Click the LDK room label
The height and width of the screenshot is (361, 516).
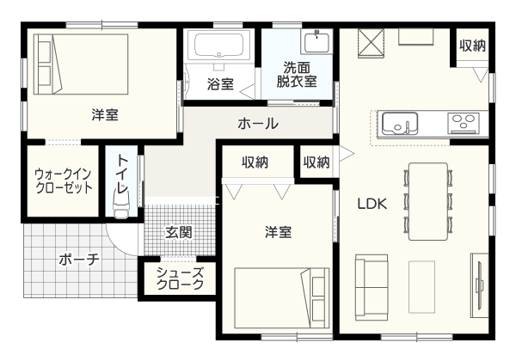(x=372, y=204)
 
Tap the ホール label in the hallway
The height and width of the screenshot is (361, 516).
(x=258, y=124)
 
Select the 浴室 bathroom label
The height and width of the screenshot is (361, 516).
(x=220, y=84)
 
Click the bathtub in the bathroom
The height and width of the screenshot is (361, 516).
(x=218, y=46)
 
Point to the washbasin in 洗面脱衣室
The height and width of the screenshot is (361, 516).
(x=316, y=42)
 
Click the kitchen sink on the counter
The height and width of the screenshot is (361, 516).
(x=400, y=123)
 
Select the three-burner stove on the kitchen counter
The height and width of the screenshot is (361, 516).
(x=463, y=123)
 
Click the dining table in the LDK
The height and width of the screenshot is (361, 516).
(x=428, y=201)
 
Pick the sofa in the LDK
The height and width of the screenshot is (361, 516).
(x=372, y=287)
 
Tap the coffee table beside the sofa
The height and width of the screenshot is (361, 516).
(x=421, y=287)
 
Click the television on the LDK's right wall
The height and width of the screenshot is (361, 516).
(x=479, y=285)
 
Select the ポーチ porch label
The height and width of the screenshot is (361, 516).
(x=79, y=260)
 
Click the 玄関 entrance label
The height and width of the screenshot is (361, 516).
(x=178, y=232)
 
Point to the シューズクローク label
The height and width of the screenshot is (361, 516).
(x=180, y=278)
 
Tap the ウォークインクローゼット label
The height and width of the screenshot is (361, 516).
(x=64, y=180)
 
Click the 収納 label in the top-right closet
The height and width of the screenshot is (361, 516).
(x=472, y=46)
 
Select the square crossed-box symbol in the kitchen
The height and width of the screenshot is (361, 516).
(x=371, y=43)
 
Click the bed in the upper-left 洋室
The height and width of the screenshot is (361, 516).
(x=81, y=64)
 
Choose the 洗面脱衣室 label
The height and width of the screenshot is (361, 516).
(x=297, y=75)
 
